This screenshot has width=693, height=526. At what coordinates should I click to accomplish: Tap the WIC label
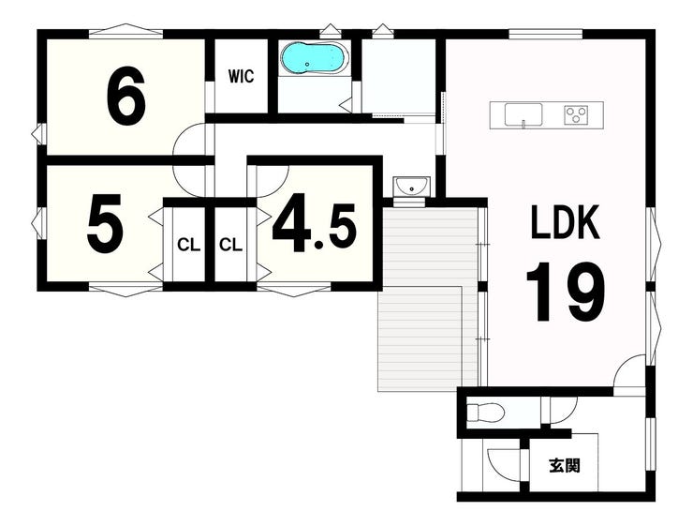[242, 76]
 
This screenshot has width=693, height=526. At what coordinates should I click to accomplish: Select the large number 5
[105, 224]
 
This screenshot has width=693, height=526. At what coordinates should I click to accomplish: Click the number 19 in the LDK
[566, 292]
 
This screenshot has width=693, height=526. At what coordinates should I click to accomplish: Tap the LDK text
[566, 221]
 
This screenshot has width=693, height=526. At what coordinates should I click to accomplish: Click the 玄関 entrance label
[565, 465]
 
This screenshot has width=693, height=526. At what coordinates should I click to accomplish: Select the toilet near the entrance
[486, 413]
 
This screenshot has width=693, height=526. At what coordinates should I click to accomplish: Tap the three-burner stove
[577, 115]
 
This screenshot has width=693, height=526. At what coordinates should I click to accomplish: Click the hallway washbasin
[411, 187]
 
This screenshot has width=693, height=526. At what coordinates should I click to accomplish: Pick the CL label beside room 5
[189, 245]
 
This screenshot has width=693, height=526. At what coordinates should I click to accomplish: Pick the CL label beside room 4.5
[230, 245]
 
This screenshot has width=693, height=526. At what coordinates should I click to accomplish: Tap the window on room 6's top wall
[126, 31]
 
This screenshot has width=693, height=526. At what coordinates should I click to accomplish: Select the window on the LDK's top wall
[545, 34]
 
